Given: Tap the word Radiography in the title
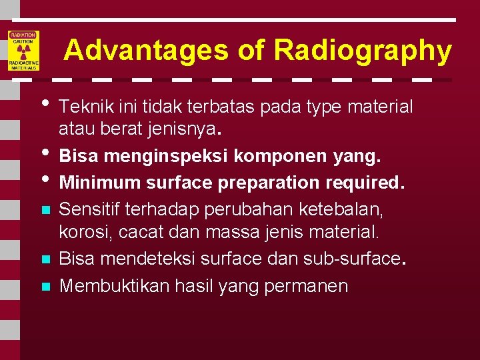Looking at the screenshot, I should tap(362, 51).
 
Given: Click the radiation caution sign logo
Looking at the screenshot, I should tap(23, 51).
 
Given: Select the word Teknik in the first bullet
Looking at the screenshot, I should tap(81, 107).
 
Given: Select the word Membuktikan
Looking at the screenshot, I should tap(114, 286).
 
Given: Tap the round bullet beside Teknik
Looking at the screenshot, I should tap(45, 103).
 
